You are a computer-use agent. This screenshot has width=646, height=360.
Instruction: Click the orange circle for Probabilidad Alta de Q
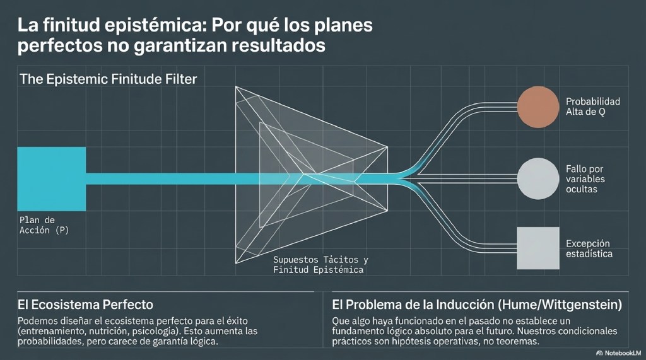point(538,107)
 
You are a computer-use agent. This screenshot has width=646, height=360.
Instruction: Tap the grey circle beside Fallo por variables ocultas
point(538,179)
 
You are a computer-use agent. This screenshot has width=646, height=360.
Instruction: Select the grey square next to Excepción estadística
point(538,248)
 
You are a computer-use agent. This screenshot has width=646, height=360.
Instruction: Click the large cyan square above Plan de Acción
point(52,179)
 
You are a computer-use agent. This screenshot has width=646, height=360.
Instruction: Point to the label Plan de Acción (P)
point(44,225)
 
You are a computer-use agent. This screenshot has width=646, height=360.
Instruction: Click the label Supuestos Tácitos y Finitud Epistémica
point(320,265)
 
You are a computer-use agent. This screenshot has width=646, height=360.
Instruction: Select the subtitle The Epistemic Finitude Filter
point(109,79)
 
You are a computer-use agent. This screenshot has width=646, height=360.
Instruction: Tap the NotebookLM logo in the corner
point(618,353)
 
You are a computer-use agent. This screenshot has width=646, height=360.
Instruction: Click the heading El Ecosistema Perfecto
point(85,305)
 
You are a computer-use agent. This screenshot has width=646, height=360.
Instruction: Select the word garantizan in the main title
point(181,45)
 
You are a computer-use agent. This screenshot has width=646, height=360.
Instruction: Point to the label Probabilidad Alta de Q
point(593,107)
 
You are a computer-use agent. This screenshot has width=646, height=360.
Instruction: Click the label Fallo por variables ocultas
point(585,179)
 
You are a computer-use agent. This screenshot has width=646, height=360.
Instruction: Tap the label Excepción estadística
point(589,248)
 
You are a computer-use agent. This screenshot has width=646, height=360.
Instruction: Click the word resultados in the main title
point(278,45)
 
